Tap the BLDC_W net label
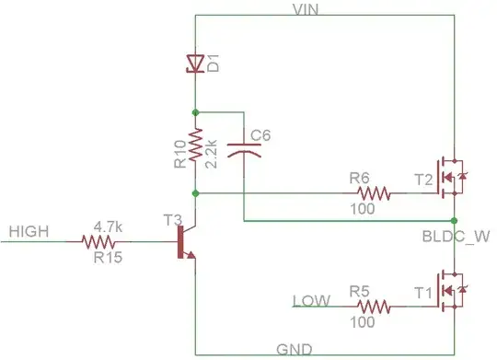(x=451, y=236)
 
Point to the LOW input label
(x=309, y=301)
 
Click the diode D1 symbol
(x=195, y=64)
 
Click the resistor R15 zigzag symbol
(x=102, y=243)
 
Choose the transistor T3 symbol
(x=187, y=244)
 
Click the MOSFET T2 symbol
(x=450, y=172)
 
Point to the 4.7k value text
(x=109, y=226)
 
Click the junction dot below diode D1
(x=195, y=111)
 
